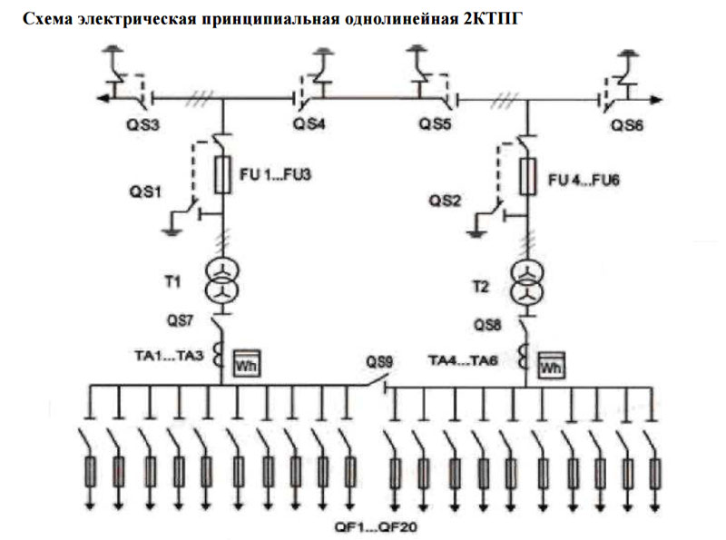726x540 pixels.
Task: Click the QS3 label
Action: tap(143, 124)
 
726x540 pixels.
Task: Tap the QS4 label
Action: tap(309, 123)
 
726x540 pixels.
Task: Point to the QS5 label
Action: tap(435, 123)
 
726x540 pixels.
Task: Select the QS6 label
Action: tap(627, 125)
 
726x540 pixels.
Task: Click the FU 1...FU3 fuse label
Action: tap(275, 174)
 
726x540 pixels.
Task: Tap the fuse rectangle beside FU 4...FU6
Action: tap(528, 176)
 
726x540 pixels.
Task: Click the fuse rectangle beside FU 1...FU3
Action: tap(222, 174)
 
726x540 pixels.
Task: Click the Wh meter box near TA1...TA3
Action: tap(246, 363)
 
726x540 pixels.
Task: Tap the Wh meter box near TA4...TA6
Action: tap(551, 365)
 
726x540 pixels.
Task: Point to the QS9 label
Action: tap(379, 362)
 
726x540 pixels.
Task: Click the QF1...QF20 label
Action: tap(376, 527)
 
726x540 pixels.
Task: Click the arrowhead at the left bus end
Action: tap(103, 98)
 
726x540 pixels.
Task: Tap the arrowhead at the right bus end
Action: tap(656, 99)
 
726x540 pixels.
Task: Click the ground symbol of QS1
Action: tap(172, 231)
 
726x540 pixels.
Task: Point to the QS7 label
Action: tap(180, 320)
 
